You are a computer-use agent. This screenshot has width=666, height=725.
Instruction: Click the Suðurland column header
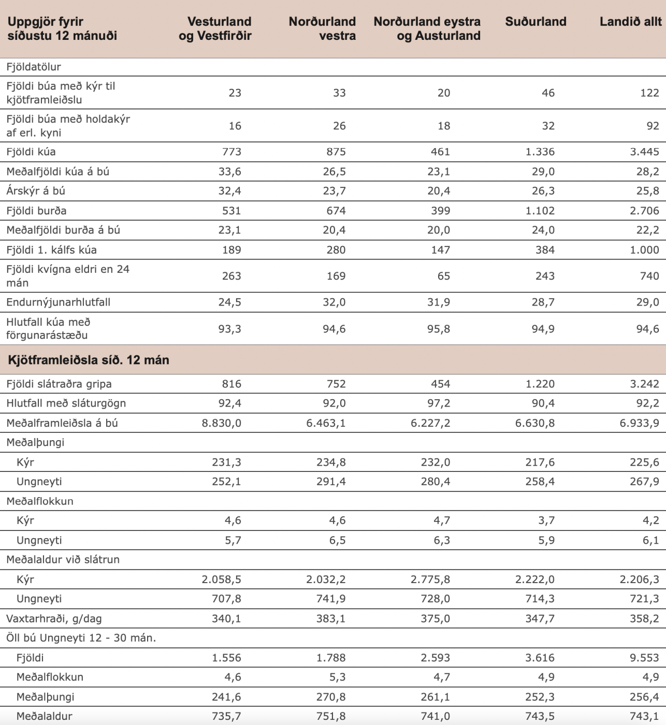[535, 22]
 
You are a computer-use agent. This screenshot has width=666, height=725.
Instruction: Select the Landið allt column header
[630, 22]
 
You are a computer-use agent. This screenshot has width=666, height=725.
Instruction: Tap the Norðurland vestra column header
[322, 28]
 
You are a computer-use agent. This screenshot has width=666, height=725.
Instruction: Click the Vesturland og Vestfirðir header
[215, 28]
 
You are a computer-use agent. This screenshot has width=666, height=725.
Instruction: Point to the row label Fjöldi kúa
[31, 152]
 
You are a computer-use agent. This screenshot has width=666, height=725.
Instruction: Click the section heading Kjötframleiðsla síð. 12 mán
[89, 360]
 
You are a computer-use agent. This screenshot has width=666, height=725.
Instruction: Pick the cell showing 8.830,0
[222, 423]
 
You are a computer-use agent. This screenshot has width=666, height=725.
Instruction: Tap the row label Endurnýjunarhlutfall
[58, 302]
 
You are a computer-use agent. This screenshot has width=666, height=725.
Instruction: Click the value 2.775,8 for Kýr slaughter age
[430, 579]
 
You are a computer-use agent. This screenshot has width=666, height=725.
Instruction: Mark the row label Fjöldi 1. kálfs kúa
[51, 250]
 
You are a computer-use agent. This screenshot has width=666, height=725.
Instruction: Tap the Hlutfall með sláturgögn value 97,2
[439, 403]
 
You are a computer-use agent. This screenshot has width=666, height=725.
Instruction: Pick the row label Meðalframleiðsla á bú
[62, 423]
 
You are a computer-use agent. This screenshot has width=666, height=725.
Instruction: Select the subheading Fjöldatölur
[34, 67]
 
